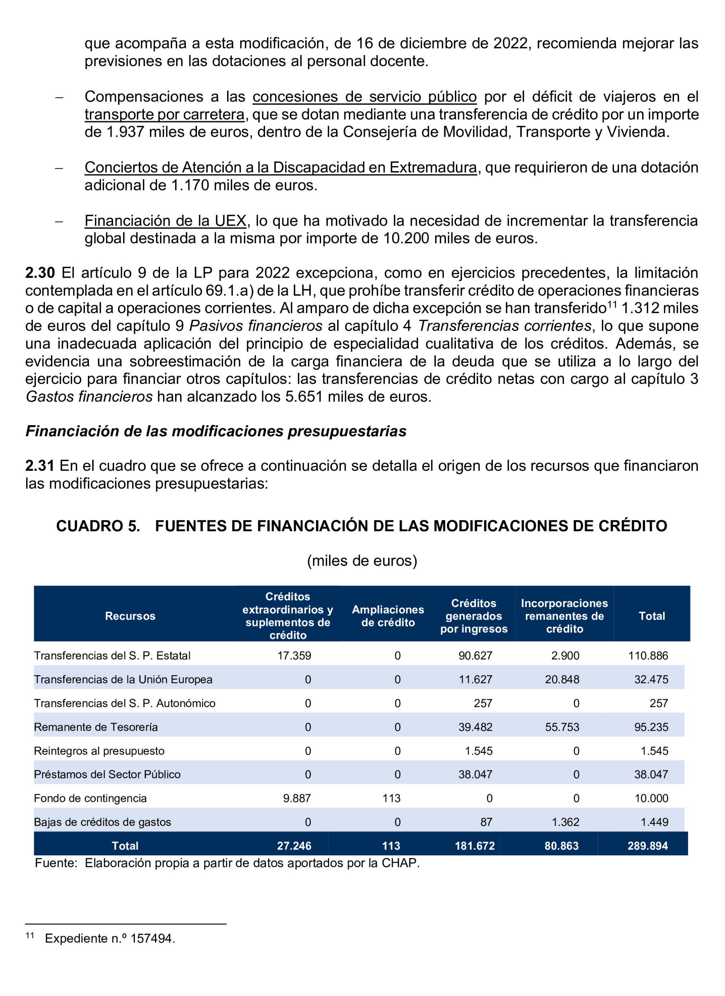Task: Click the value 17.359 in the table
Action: coord(294,656)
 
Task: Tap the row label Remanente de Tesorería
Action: coord(96,727)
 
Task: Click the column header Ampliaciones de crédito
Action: coord(388,616)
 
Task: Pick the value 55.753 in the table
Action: coord(562,727)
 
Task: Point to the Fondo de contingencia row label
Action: coord(90,798)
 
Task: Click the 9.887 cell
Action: coord(297,798)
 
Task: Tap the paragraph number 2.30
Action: coord(40,273)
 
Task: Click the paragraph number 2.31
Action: coord(39,465)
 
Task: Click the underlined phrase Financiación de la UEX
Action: coord(165,220)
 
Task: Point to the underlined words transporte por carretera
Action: coord(164,114)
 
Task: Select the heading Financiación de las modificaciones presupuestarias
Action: coord(216,431)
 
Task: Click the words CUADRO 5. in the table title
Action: coord(98,526)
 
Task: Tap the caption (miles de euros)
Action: coord(362,561)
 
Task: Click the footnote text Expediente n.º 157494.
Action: coord(110,939)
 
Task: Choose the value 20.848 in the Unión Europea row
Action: coord(562,680)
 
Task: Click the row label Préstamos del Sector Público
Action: coord(107,775)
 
